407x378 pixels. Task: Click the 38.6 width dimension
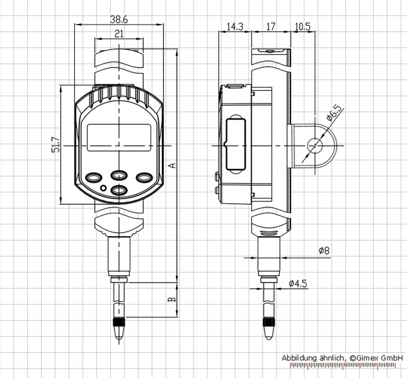pos(119,20)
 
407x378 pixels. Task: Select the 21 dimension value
pos(119,34)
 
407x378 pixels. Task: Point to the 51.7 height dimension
pos(56,145)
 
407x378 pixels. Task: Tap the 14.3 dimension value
pos(235,26)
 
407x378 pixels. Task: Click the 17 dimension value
pos(271,26)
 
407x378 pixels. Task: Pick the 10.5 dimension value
pos(302,26)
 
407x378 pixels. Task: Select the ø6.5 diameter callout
pos(334,113)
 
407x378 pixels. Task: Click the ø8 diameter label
pos(324,251)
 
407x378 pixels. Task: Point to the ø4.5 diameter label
pos(298,283)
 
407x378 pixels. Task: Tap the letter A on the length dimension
pos(173,165)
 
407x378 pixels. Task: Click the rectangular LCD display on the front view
pos(119,137)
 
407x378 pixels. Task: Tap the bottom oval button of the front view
pos(119,190)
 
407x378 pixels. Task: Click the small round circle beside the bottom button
pos(103,188)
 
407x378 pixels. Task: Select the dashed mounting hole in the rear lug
pos(315,146)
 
